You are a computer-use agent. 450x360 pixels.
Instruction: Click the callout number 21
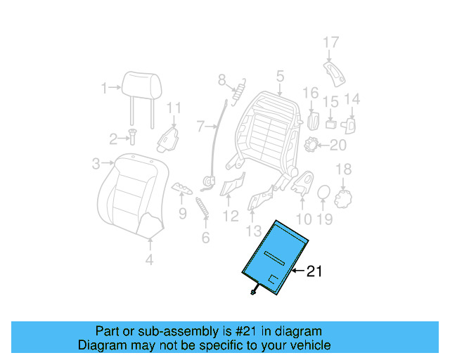tap(314, 271)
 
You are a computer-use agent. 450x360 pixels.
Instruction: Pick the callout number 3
tap(96, 164)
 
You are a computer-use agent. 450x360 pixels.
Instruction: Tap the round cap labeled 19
tap(323, 193)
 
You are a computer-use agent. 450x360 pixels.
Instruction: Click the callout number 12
tap(231, 216)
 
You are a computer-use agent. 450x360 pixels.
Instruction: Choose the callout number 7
tap(200, 127)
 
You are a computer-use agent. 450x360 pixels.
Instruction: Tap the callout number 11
tap(174, 108)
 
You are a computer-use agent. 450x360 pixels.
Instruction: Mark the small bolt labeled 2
tap(131, 138)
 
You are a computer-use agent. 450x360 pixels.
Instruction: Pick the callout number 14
tap(352, 99)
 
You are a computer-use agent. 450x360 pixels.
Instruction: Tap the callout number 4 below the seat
tap(149, 261)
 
